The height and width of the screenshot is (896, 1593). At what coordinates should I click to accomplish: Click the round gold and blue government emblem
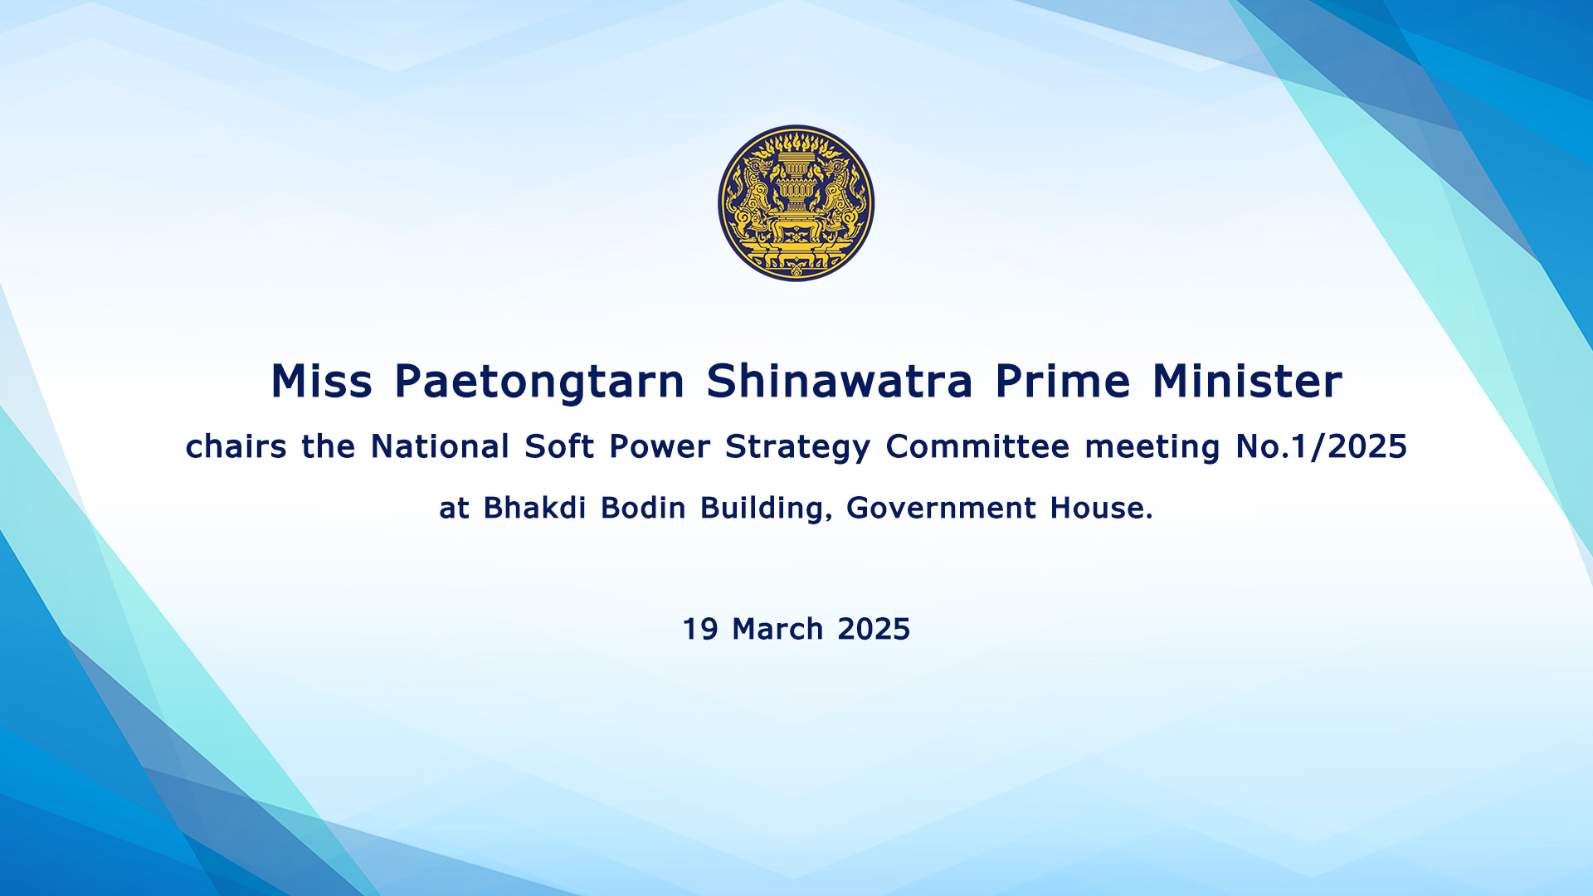click(796, 203)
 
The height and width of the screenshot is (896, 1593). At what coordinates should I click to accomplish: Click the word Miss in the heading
click(322, 382)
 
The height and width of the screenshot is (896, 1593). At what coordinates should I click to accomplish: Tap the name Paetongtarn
click(539, 383)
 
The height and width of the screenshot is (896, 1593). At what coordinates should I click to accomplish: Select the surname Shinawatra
click(840, 382)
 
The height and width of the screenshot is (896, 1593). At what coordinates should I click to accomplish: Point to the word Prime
click(1063, 382)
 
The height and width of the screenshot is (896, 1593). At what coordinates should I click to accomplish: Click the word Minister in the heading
click(1247, 382)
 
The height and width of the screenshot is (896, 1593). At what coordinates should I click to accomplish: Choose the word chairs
click(236, 446)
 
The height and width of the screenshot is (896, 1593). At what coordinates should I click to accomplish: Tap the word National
click(440, 446)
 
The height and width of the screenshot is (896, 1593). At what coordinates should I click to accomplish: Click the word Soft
click(559, 446)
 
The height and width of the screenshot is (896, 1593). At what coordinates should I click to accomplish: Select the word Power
click(660, 446)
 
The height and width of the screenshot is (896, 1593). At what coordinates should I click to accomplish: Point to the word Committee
click(977, 446)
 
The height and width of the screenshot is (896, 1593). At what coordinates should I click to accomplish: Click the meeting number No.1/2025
click(1321, 446)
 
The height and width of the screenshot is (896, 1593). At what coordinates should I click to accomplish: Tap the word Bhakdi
click(534, 507)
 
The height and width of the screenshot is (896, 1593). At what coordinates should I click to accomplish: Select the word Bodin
click(643, 507)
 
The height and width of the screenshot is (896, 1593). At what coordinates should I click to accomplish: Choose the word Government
click(941, 508)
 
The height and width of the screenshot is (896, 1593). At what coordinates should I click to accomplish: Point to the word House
click(1101, 508)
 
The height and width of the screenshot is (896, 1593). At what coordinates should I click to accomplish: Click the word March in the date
click(777, 629)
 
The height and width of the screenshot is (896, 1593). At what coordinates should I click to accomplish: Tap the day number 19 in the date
click(699, 629)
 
